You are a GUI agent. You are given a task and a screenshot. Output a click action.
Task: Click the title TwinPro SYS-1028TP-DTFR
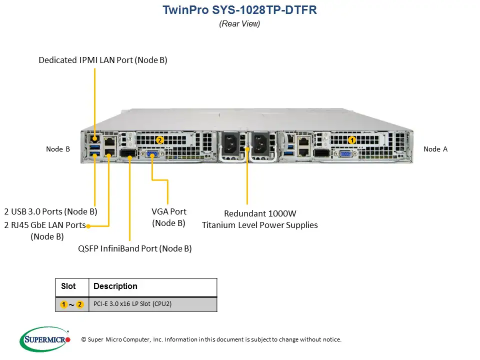pos(239,10)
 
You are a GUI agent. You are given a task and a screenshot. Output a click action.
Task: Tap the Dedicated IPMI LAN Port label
pos(102,60)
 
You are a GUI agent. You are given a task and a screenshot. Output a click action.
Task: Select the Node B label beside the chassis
pos(58,149)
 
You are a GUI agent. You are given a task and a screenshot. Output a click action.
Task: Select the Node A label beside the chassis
pos(435,149)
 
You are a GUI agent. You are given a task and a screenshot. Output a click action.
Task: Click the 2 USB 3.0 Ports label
pos(50,211)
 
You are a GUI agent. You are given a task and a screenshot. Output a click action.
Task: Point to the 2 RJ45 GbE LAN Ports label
pos(45,225)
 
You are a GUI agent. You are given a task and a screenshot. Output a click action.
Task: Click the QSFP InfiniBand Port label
pos(135,248)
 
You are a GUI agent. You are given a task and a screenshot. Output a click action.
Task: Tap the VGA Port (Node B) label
pos(168,217)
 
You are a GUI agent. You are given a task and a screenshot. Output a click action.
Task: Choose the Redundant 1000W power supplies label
pos(259,219)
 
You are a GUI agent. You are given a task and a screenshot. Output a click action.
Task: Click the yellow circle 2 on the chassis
pos(159,140)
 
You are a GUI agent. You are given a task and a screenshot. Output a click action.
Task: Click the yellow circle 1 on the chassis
pos(352,140)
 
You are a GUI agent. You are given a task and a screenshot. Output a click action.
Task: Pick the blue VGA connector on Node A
pos(345,154)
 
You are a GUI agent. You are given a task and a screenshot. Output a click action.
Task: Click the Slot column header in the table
pos(68,286)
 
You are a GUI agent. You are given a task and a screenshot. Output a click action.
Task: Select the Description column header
pos(115,286)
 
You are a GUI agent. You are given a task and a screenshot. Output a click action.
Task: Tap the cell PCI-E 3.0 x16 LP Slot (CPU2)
pos(132,304)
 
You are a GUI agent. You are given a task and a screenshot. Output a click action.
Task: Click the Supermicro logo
pos(45,339)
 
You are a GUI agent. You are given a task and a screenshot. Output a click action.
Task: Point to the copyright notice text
pos(211,339)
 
